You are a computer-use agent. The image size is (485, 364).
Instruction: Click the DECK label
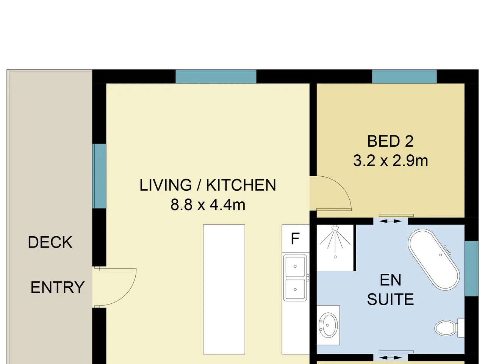pyautogui.click(x=50, y=242)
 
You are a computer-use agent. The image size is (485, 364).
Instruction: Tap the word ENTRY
pyautogui.click(x=58, y=287)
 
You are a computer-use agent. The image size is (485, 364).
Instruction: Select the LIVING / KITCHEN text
pyautogui.click(x=208, y=185)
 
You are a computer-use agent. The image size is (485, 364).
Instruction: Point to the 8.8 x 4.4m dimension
pyautogui.click(x=208, y=205)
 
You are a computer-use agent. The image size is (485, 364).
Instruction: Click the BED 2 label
pyautogui.click(x=390, y=141)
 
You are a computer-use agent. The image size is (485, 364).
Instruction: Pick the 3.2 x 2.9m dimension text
pyautogui.click(x=390, y=161)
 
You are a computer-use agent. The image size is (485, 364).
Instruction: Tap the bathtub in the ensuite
pyautogui.click(x=434, y=259)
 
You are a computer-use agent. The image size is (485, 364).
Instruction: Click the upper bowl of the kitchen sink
pyautogui.click(x=295, y=266)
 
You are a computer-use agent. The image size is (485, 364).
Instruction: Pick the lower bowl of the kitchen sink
pyautogui.click(x=295, y=289)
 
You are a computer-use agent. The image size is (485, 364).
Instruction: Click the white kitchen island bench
pyautogui.click(x=224, y=289)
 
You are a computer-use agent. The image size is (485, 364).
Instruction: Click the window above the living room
pyautogui.click(x=216, y=77)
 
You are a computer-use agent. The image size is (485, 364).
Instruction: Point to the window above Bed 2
pyautogui.click(x=404, y=77)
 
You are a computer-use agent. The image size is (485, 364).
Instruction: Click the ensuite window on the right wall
pyautogui.click(x=471, y=268)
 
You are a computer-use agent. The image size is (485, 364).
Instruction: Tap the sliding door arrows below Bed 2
pyautogui.click(x=390, y=221)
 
